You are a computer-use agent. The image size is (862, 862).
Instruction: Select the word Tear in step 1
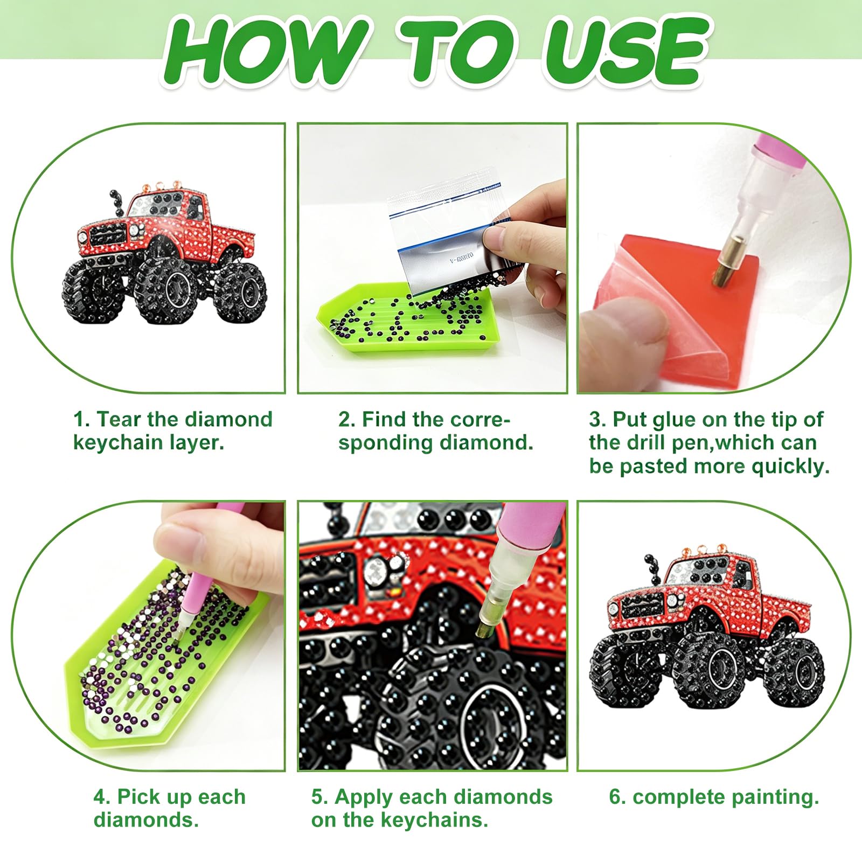coord(118,419)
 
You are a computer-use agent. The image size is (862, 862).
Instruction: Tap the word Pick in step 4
coord(137,796)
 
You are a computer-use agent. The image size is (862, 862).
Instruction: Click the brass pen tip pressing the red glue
coord(723,275)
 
